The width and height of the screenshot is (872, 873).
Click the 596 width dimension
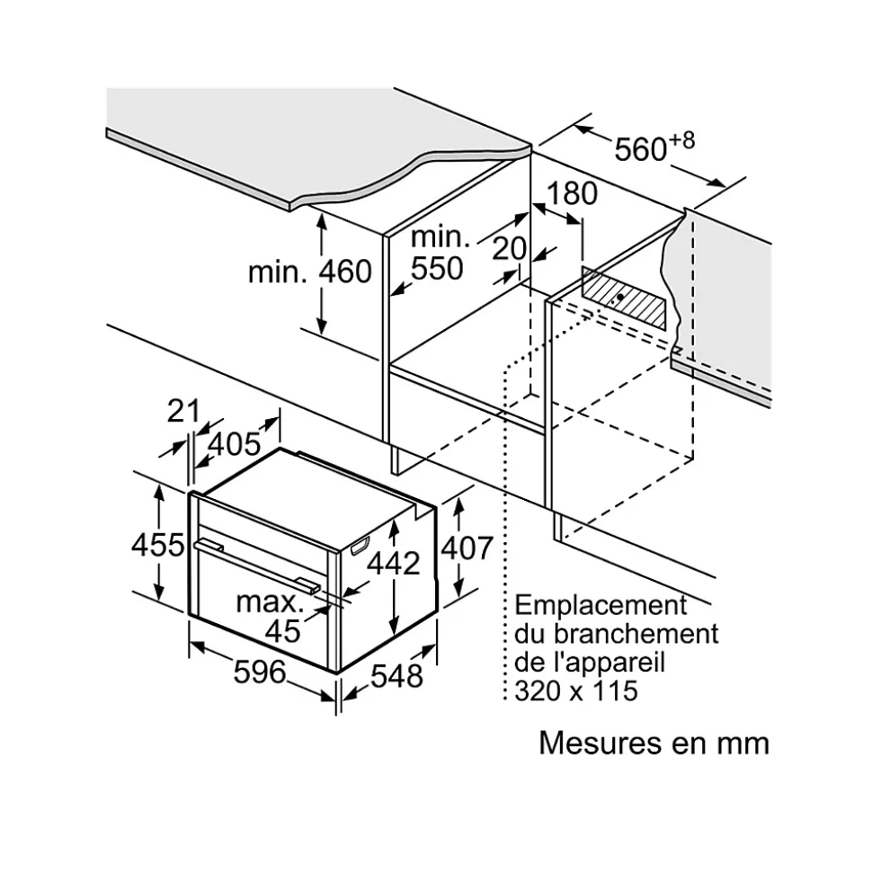(x=259, y=672)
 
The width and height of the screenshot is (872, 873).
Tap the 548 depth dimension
(x=396, y=674)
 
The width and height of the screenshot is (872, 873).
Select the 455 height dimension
(x=158, y=545)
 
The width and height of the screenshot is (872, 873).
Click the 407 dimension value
(x=467, y=547)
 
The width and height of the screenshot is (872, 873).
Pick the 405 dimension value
(x=235, y=442)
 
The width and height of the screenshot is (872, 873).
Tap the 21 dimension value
(x=183, y=411)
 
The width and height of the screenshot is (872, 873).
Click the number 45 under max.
(x=283, y=631)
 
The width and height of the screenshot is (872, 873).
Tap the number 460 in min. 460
(x=343, y=272)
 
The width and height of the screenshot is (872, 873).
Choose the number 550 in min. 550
(x=437, y=268)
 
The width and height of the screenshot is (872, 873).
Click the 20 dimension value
(x=510, y=250)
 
